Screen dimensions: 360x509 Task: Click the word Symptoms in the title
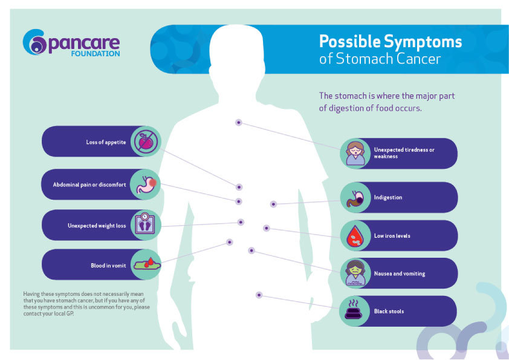[424, 42]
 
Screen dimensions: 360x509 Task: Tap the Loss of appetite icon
[146, 142]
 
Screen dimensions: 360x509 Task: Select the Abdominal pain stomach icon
[146, 184]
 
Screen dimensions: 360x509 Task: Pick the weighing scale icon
[146, 225]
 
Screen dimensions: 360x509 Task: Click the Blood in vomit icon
[146, 264]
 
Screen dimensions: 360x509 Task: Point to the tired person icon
[354, 153]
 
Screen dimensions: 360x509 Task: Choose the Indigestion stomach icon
[354, 197]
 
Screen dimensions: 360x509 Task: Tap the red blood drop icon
[354, 235]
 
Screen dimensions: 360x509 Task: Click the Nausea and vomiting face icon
[354, 273]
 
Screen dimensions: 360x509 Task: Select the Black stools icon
[354, 311]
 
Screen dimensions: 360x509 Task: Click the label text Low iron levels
[392, 236]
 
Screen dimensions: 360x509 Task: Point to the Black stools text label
[389, 312]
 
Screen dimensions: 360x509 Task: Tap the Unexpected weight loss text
[97, 226]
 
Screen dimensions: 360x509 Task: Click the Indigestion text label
[387, 198]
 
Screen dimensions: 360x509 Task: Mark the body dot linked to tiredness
[239, 122]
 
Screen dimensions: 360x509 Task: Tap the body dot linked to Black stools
[259, 295]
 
